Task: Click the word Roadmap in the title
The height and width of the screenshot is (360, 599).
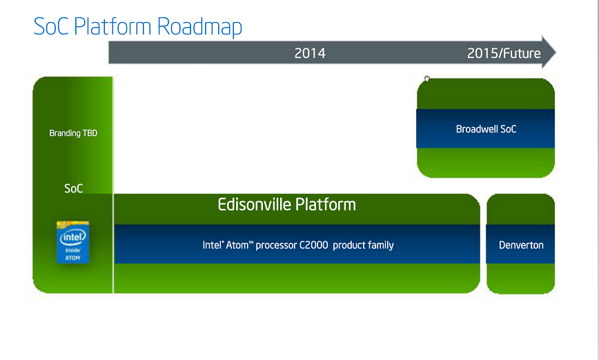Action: [199, 27]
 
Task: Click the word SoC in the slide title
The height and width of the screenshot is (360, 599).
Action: [50, 27]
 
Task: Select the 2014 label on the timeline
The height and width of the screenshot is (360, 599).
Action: [310, 53]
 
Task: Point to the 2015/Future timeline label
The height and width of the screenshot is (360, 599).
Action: [504, 53]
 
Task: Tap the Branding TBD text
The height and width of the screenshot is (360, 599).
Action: [73, 133]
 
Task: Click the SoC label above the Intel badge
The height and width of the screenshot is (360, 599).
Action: [73, 188]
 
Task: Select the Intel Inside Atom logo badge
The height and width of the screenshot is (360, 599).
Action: [73, 242]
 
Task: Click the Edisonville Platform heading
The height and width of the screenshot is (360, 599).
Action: [286, 205]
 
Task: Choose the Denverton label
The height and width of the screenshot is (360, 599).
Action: [521, 245]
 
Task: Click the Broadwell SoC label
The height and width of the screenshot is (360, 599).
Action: [486, 129]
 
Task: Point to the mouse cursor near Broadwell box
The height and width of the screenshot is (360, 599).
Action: [427, 79]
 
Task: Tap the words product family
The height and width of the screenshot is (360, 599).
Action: [363, 245]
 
